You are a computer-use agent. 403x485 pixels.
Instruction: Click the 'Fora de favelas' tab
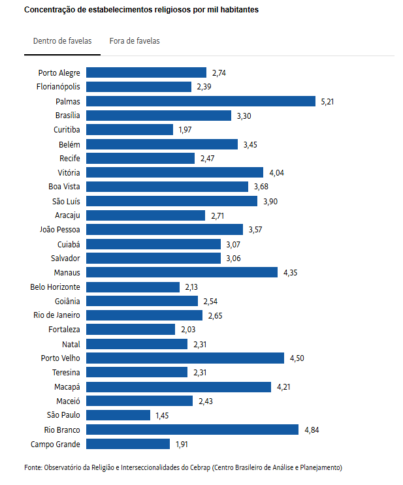pyautogui.click(x=135, y=41)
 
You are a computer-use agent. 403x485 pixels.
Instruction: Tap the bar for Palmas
pyautogui.click(x=201, y=101)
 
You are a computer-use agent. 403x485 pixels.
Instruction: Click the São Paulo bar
pyautogui.click(x=118, y=415)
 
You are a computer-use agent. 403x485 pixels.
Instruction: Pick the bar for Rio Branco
pyautogui.click(x=193, y=430)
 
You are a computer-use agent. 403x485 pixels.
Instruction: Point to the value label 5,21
pyautogui.click(x=328, y=101)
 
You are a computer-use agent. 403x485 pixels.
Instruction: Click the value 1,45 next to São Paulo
pyautogui.click(x=162, y=415)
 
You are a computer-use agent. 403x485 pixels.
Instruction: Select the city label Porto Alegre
pyautogui.click(x=59, y=72)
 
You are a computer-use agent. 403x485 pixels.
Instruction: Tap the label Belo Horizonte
pyautogui.click(x=56, y=287)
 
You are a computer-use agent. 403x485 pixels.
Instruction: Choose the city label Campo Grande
pyautogui.click(x=56, y=444)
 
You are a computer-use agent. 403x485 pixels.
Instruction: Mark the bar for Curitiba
pyautogui.click(x=129, y=129)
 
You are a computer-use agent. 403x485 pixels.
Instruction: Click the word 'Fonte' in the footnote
pyautogui.click(x=33, y=467)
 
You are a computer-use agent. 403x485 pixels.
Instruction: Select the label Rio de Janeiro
pyautogui.click(x=57, y=315)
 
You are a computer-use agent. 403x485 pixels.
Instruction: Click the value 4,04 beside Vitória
pyautogui.click(x=277, y=172)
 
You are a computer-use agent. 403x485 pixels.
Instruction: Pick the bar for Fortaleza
pyautogui.click(x=131, y=330)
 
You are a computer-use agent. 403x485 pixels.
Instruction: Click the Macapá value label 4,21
pyautogui.click(x=283, y=387)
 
